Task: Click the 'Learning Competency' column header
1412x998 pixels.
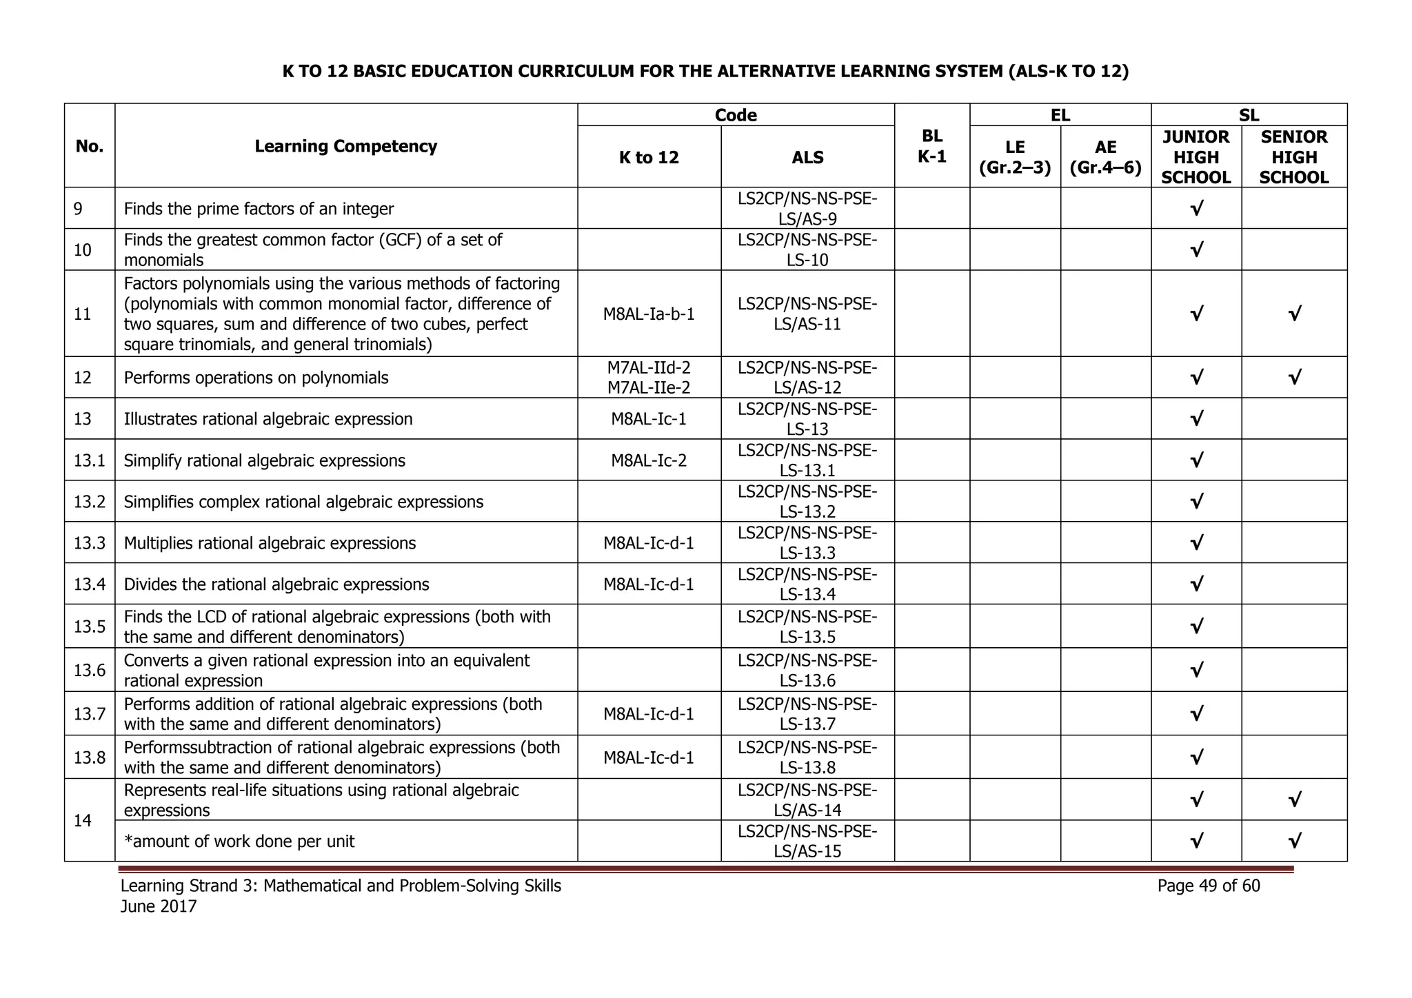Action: [345, 146]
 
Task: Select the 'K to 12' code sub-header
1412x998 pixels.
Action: [649, 158]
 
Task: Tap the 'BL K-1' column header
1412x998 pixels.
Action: [931, 146]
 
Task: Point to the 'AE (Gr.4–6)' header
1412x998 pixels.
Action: [1105, 157]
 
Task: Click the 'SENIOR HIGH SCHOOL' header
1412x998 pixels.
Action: [1293, 157]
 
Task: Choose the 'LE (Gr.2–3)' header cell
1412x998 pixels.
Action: [1014, 157]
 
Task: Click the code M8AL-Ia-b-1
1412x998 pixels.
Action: [649, 314]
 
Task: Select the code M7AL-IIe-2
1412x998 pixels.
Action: [649, 387]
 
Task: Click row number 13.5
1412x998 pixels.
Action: [90, 627]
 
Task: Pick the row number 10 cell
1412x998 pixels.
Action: [83, 250]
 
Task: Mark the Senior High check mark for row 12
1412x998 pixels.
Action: [1294, 378]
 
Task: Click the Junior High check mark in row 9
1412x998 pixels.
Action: [1196, 209]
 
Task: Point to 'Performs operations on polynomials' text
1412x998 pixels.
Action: [256, 378]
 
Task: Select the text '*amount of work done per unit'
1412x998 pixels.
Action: [239, 842]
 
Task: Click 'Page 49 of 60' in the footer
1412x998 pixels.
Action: [1208, 886]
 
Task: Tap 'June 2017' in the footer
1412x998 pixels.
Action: [159, 906]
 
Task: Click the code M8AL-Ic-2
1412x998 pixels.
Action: [649, 460]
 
